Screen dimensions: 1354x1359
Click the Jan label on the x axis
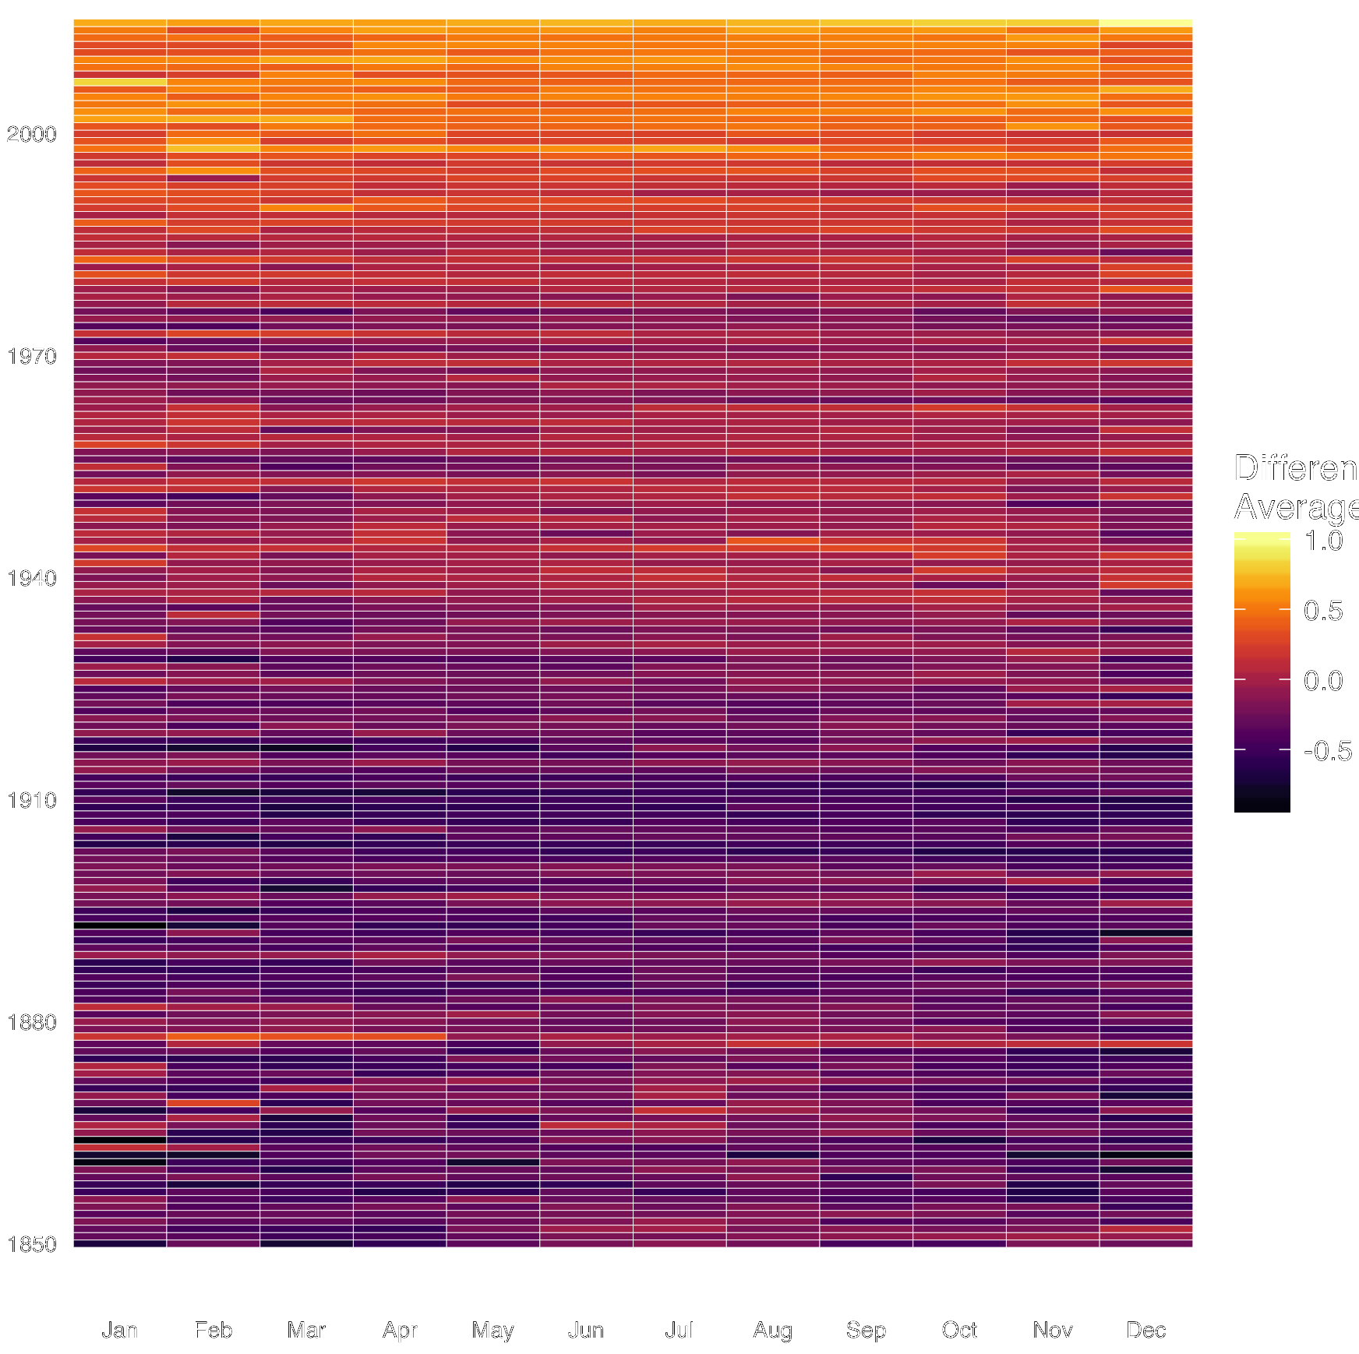coord(119,1330)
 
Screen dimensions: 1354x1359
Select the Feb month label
coord(213,1330)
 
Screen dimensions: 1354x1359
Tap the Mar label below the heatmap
coord(306,1330)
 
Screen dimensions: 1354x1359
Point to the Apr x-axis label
coord(400,1330)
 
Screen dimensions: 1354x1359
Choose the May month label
coord(492,1330)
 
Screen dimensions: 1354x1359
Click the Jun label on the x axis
coord(586,1330)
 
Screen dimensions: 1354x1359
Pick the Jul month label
coord(679,1330)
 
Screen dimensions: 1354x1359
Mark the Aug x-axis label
coord(772,1330)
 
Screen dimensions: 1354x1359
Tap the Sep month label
coord(866,1330)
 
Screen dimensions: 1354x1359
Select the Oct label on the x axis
coord(959,1330)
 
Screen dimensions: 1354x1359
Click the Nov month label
coord(1053,1330)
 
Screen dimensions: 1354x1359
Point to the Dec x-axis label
coord(1145,1330)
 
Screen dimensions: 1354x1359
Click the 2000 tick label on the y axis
coord(32,135)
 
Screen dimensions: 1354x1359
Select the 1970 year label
coord(32,357)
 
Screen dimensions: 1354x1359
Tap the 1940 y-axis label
coord(32,579)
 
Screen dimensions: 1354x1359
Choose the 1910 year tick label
coord(32,801)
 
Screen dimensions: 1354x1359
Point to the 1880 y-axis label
coord(32,1023)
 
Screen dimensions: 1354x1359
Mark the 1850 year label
coord(32,1245)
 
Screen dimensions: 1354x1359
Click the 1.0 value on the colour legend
coord(1323,541)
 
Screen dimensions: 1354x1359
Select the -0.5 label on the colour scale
coord(1327,750)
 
